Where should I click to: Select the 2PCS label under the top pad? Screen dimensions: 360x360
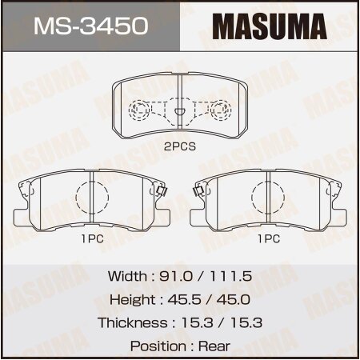[x=180, y=147]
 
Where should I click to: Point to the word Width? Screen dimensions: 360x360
[x=126, y=276]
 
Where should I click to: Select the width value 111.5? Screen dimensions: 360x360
[x=230, y=276]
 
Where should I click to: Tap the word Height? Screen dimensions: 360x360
[x=130, y=299]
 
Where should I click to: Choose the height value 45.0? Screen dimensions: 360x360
[x=230, y=299]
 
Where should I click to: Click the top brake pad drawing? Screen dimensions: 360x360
[x=179, y=108]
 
